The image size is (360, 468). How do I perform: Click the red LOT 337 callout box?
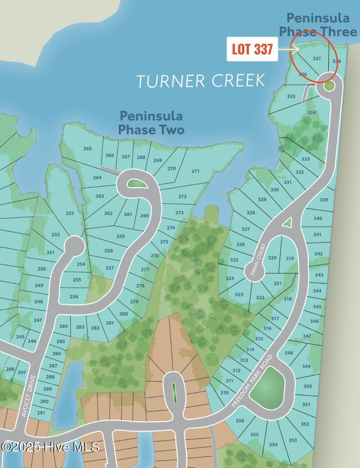click(x=252, y=49)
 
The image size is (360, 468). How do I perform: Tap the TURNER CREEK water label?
click(x=201, y=81)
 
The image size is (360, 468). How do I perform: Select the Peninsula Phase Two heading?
click(x=151, y=123)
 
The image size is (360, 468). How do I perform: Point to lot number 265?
click(x=87, y=148)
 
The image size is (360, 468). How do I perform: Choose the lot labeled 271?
click(x=195, y=171)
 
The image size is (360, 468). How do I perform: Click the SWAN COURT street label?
click(x=258, y=260)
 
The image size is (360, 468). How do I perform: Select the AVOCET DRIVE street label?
click(x=29, y=396)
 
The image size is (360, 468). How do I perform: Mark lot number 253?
click(x=69, y=213)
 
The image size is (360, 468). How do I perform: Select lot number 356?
click(x=240, y=420)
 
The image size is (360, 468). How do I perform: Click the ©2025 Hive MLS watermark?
click(x=50, y=447)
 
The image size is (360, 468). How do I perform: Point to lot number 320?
click(x=272, y=258)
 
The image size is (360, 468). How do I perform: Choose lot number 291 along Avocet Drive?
click(x=41, y=413)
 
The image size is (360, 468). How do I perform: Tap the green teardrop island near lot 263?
click(x=136, y=184)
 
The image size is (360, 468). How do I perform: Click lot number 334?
click(x=311, y=113)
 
